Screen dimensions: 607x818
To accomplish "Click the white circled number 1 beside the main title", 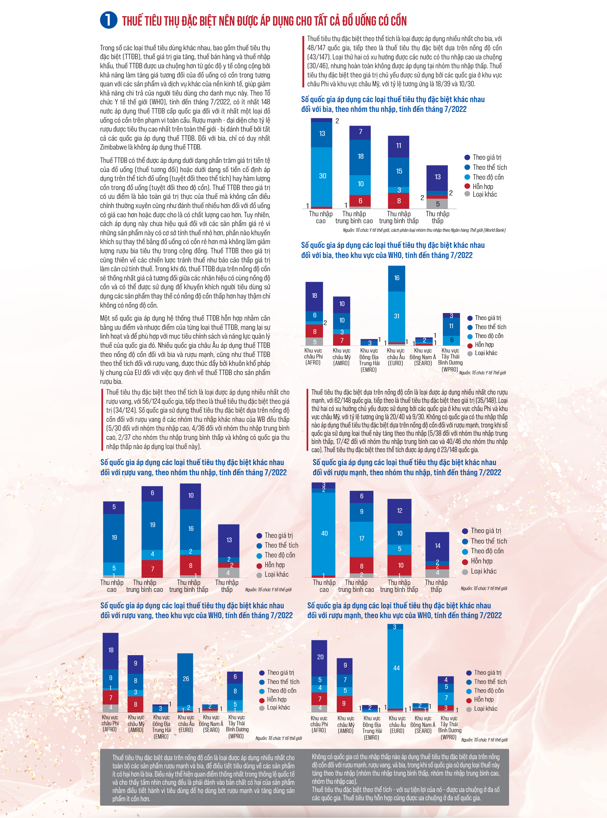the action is pyautogui.click(x=108, y=20).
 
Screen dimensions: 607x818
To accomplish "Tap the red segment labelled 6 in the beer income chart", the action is pyautogui.click(x=360, y=201).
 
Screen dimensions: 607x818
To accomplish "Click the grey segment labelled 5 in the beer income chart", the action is pyautogui.click(x=437, y=204).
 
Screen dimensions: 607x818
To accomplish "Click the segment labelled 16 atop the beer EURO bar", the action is pyautogui.click(x=396, y=278).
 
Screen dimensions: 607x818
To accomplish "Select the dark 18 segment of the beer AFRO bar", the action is pyautogui.click(x=314, y=296).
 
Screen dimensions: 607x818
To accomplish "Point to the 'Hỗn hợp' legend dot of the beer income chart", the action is pyautogui.click(x=467, y=186).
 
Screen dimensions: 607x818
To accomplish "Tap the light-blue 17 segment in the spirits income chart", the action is pyautogui.click(x=362, y=539).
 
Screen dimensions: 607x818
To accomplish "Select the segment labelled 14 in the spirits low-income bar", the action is pyautogui.click(x=437, y=546).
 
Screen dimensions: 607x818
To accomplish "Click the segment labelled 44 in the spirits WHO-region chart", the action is pyautogui.click(x=396, y=668).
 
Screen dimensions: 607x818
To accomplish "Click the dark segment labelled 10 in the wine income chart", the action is pyautogui.click(x=190, y=496).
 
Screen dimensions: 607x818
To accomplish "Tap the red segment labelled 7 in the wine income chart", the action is pyautogui.click(x=152, y=569).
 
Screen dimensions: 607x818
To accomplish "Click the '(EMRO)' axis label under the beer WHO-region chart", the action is pyautogui.click(x=369, y=370).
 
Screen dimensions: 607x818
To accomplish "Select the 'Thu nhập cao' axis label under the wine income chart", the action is pyautogui.click(x=112, y=586).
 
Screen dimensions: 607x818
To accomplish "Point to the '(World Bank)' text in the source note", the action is pyautogui.click(x=494, y=230).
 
